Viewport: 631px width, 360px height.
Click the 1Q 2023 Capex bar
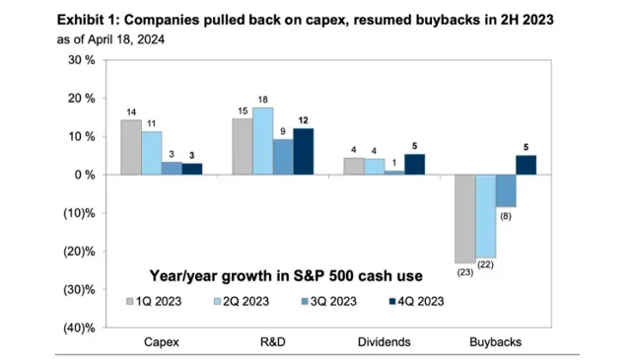131,147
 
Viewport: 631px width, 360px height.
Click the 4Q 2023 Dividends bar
387,165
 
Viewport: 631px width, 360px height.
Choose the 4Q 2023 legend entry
417,300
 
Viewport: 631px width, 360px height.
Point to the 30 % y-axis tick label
80,59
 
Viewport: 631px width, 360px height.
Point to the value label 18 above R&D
262,99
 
